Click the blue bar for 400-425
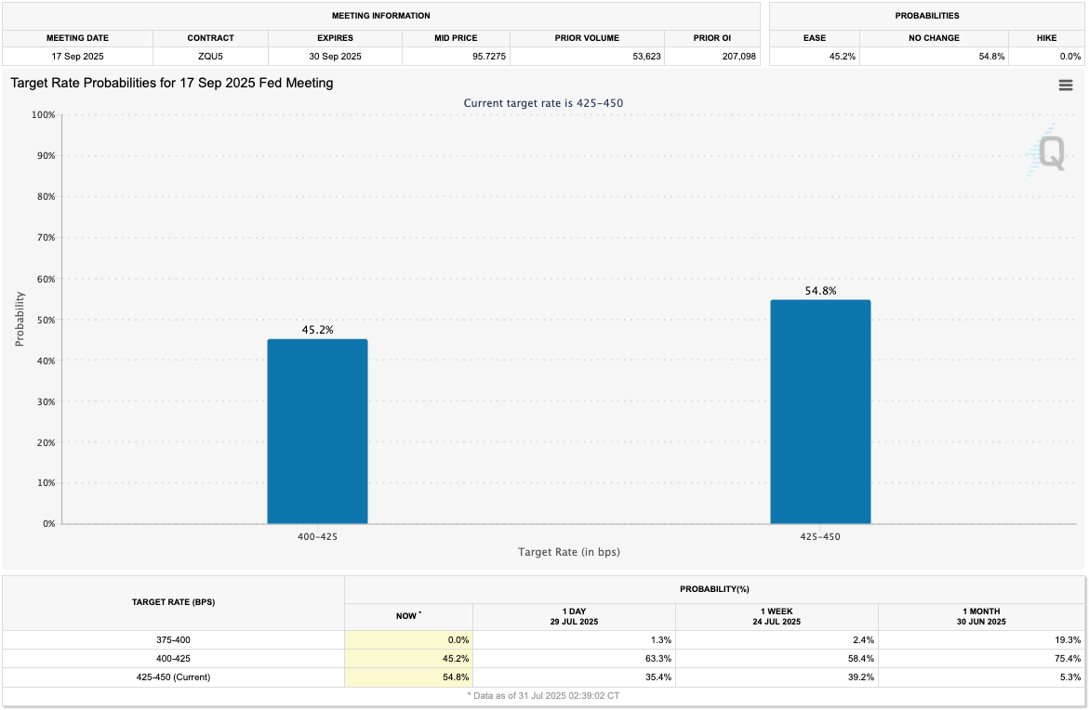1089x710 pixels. click(317, 431)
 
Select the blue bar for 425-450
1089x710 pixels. click(820, 412)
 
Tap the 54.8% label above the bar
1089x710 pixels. click(820, 291)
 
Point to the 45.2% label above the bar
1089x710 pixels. click(317, 330)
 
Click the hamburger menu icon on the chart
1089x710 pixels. click(1066, 85)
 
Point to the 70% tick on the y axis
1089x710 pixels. click(44, 238)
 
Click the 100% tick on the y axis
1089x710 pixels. click(43, 115)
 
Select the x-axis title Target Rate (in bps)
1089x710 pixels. click(568, 552)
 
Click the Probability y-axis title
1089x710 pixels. click(20, 320)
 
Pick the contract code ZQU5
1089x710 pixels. click(210, 57)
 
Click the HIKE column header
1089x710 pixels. click(1045, 38)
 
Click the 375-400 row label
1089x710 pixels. click(173, 640)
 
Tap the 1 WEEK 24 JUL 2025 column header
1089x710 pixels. click(776, 616)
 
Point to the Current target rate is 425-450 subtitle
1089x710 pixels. click(543, 103)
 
